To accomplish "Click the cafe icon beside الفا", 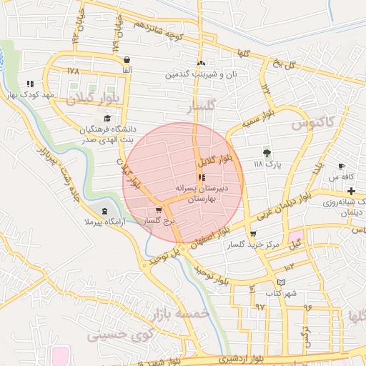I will point(127,60).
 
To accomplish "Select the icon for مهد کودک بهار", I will point(29,84).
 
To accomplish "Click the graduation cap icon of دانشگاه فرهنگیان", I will point(107,119).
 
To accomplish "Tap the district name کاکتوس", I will point(312,124).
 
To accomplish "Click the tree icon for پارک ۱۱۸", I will point(267,152).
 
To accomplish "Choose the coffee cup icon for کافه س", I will point(342,166).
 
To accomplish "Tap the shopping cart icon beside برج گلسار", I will point(158,211).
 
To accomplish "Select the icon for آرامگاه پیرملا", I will point(106,212).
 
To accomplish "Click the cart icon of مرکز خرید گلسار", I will point(253,234).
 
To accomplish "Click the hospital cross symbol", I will point(351,192).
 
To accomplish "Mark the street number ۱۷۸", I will point(73,71).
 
